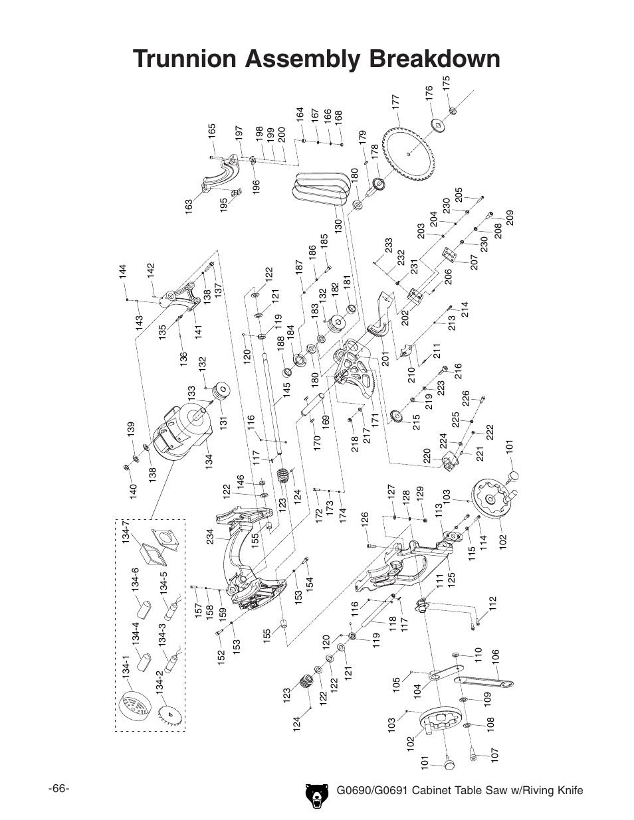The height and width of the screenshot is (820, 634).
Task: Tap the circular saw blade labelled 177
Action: point(409,154)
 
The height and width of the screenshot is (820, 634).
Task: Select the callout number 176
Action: point(429,94)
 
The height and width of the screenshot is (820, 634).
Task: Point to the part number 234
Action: point(210,536)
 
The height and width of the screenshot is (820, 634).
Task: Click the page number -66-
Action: point(59,789)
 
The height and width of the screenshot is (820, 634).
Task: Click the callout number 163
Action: point(189,206)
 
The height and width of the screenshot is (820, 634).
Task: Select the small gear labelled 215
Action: point(397,416)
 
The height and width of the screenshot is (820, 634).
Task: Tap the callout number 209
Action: point(510,218)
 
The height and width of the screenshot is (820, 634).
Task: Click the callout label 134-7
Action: point(126,532)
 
